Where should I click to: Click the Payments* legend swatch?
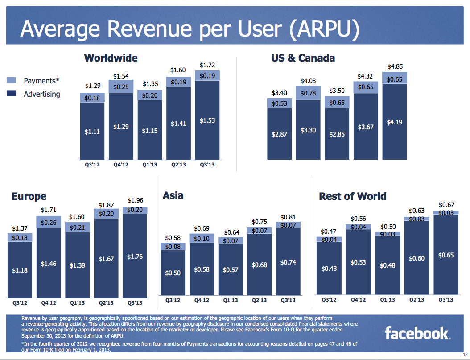pos(12,81)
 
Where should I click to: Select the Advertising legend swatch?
pos(12,94)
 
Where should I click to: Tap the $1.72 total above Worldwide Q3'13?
pos(207,66)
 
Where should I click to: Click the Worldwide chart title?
pos(111,58)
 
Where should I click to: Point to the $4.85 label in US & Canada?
pos(395,67)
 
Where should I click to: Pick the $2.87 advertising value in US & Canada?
pos(280,134)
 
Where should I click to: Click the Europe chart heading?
pos(29,196)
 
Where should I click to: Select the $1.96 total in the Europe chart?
pos(135,200)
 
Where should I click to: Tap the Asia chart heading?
pos(173,195)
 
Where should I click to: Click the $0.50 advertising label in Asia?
pos(173,273)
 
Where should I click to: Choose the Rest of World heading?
pos(352,196)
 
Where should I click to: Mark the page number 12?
pos(465,355)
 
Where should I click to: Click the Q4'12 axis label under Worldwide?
pos(121,165)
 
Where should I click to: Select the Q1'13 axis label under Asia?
pos(231,300)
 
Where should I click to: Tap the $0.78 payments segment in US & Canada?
pos(308,93)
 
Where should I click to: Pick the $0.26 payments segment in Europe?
pos(49,222)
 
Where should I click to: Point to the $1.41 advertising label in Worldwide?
pos(178,124)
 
